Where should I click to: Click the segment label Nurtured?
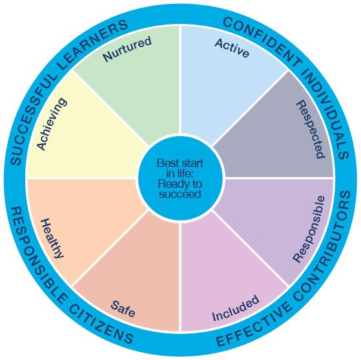click(x=127, y=48)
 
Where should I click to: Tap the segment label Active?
click(x=232, y=48)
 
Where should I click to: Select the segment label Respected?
click(x=311, y=129)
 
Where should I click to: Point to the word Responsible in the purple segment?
click(x=309, y=229)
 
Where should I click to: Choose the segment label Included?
click(x=236, y=308)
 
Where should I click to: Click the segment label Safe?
click(x=123, y=309)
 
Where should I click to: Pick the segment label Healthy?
click(x=52, y=239)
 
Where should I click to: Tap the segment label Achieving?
click(x=52, y=124)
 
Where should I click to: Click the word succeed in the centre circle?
click(x=180, y=194)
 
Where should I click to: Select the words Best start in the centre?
click(x=180, y=163)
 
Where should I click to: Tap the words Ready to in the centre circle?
click(x=180, y=184)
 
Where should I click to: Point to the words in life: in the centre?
click(x=180, y=173)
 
